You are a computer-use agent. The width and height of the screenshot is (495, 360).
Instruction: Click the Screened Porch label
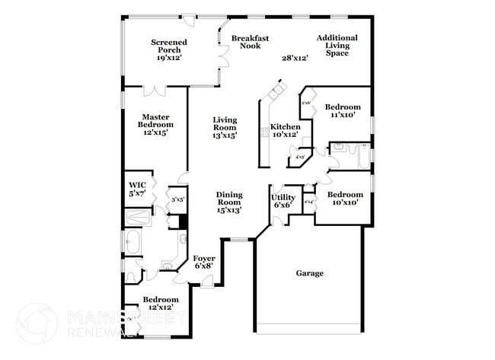pos(170,49)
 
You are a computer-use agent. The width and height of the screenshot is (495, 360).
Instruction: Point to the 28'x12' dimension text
pos(294,58)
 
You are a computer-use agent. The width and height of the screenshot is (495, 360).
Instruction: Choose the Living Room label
pos(225,127)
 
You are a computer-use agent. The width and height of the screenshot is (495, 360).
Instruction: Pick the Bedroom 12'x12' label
pos(161,304)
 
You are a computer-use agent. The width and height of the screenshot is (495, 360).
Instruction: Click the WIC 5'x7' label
pos(137,190)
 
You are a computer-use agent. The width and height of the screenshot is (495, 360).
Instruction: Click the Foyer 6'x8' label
pos(204,263)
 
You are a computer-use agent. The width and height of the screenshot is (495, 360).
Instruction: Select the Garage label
pos(309,273)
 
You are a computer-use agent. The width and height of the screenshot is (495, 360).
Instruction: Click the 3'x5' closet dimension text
pos(177,199)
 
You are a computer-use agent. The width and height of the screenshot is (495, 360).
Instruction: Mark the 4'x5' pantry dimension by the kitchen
pos(299,158)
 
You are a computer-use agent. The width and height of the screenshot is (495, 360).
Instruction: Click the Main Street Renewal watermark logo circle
pos(36,323)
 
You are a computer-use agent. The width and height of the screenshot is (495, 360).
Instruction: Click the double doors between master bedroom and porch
pos(155,91)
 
